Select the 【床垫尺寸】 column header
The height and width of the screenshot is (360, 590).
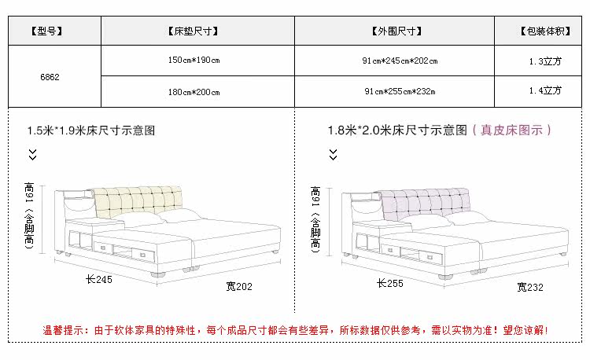tap(193, 32)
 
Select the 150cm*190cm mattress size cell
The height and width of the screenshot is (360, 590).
tap(194, 61)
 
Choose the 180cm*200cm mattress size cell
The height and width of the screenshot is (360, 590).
tap(194, 92)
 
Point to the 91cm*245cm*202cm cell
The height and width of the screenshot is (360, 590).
tap(400, 61)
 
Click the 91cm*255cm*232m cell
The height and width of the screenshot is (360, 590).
tap(400, 92)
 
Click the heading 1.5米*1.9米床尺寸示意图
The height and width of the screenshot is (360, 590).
tap(91, 130)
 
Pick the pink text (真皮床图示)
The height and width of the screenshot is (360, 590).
tap(512, 130)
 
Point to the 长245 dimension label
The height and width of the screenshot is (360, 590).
tap(101, 279)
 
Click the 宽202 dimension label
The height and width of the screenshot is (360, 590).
tap(239, 286)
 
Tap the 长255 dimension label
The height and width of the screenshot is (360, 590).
tap(389, 283)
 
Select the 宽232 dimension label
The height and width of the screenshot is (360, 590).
tap(530, 287)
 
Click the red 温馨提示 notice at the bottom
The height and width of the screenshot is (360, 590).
tap(295, 331)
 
